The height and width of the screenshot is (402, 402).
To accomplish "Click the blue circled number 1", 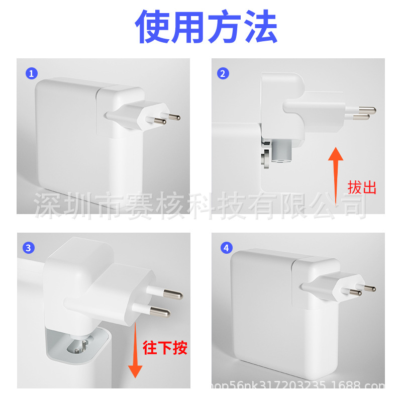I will (32, 73).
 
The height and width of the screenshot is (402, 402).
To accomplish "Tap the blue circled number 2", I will (223, 73).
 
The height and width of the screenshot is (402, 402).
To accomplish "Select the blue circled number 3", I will (29, 247).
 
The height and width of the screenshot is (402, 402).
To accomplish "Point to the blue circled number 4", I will (227, 248).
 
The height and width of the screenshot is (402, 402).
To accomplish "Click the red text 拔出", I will (362, 188).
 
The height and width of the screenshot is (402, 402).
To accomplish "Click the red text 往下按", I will (165, 348).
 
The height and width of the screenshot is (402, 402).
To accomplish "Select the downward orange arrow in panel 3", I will (134, 352).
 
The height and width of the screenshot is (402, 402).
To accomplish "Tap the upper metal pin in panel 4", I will (368, 288).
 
